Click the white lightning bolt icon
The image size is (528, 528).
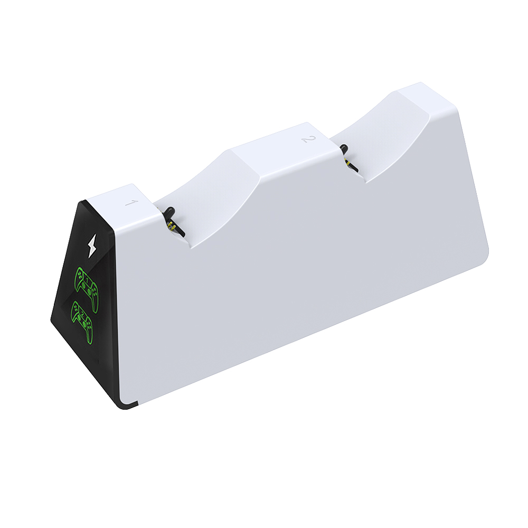point(92,246)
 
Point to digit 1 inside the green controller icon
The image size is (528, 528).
point(87,280)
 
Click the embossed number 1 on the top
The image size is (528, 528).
point(131,203)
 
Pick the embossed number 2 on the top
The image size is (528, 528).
point(308,139)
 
